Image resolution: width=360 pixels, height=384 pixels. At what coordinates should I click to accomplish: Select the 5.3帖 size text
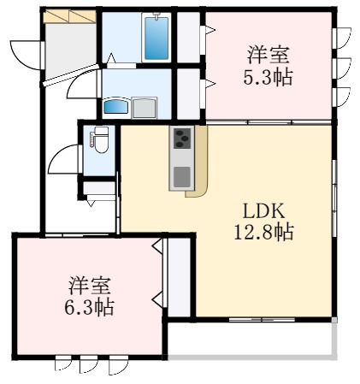pyautogui.click(x=267, y=76)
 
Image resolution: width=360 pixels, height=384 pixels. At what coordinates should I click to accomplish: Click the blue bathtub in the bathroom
pyautogui.click(x=156, y=38)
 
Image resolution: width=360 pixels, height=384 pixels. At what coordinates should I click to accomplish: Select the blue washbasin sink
pyautogui.click(x=115, y=107)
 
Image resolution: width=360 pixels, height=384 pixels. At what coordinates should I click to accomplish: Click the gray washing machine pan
pyautogui.click(x=144, y=107)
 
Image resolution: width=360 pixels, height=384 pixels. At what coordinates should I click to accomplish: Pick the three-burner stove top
pyautogui.click(x=181, y=137)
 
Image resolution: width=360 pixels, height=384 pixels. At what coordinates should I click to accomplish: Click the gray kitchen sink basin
pyautogui.click(x=181, y=177)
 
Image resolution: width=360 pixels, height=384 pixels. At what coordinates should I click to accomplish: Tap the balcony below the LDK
pyautogui.click(x=248, y=337)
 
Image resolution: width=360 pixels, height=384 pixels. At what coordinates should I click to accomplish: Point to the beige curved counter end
pyautogui.click(x=199, y=184)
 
